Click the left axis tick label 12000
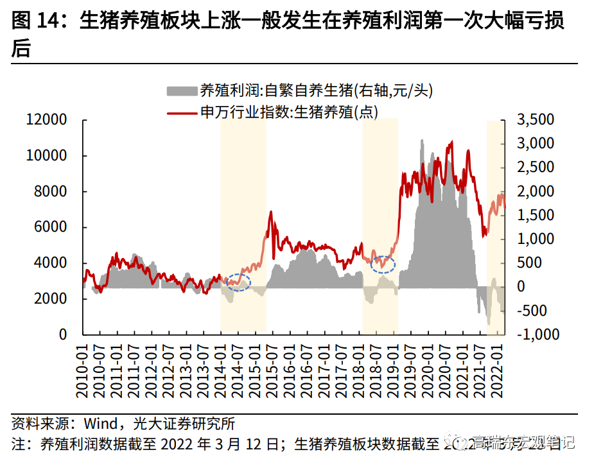[x=46, y=120]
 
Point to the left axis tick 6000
[x=46, y=227]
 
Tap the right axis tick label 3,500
[x=535, y=120]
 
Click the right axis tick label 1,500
[x=535, y=216]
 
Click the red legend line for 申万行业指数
[x=182, y=112]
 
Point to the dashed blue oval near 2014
[x=238, y=282]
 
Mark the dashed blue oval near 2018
[x=383, y=264]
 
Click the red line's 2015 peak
[x=270, y=211]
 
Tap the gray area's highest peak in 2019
[x=422, y=141]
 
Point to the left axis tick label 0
[x=63, y=334]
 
